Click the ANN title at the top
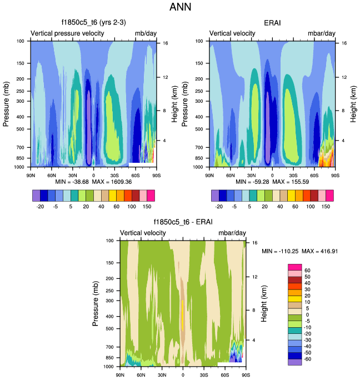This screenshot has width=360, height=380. tap(179, 8)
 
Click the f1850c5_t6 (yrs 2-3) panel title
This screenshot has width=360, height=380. tap(93, 23)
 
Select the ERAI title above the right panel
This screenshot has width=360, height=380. tap(272, 23)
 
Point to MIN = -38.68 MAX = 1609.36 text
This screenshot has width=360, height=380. tap(93, 182)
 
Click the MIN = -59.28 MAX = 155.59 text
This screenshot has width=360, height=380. tap(272, 182)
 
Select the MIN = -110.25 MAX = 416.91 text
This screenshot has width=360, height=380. tap(300, 251)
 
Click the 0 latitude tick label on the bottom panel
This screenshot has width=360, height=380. tap(183, 375)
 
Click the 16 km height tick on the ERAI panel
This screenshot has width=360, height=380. tap(344, 43)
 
